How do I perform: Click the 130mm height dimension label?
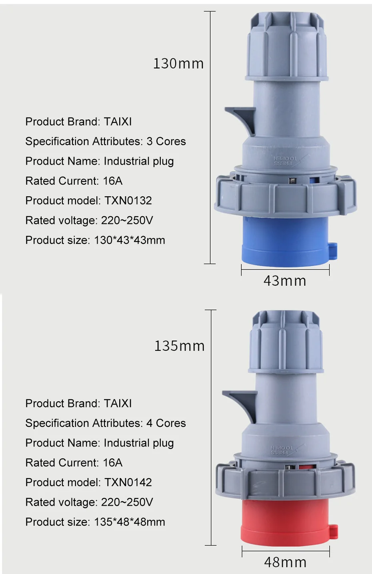178,64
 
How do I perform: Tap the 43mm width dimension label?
285,281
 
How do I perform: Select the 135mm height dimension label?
180,346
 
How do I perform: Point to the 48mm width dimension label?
285,562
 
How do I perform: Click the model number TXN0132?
128,201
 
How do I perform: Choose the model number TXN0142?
128,482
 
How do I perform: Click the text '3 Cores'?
166,142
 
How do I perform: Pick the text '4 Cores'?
166,423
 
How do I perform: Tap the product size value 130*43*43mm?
130,240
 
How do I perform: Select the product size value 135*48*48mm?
130,522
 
